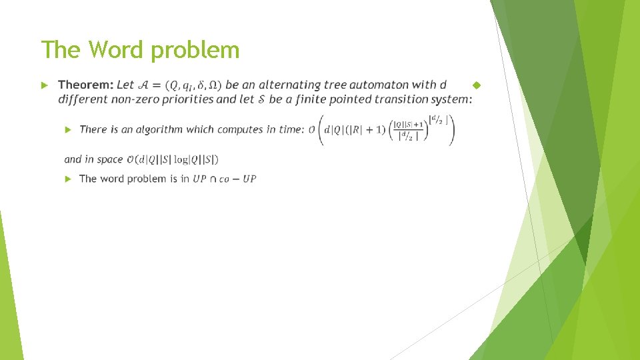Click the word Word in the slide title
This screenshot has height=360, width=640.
point(112,50)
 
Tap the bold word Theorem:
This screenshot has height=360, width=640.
point(85,85)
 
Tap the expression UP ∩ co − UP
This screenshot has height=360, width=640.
point(224,179)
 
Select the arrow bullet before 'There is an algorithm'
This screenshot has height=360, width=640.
point(67,129)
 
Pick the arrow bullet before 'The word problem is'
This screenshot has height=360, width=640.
point(67,179)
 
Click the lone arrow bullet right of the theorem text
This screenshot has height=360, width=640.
point(476,85)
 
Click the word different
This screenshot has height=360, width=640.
point(82,99)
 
